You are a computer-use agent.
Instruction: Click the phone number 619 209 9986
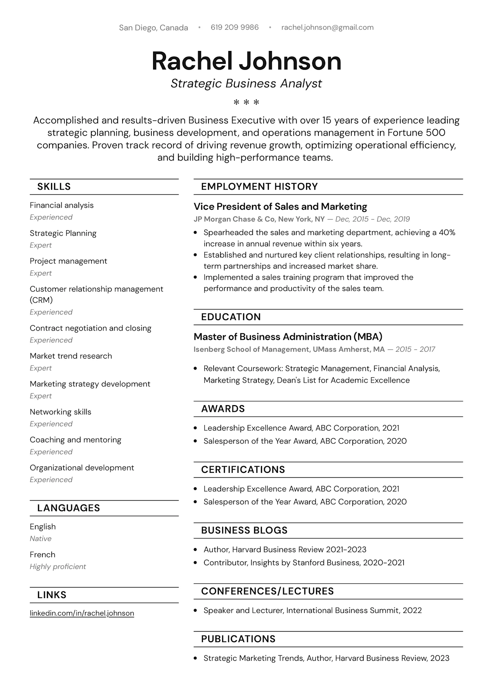click(x=235, y=27)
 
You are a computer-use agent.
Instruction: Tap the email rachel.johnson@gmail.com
click(x=327, y=27)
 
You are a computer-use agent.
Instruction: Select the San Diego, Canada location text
click(x=153, y=28)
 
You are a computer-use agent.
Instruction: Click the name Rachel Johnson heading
click(x=246, y=61)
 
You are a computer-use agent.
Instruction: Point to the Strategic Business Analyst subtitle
click(x=246, y=83)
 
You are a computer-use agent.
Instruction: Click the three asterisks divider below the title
click(x=246, y=102)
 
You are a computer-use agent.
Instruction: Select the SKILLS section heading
click(x=54, y=186)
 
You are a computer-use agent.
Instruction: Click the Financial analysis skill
click(x=62, y=205)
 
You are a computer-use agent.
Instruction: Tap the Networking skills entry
click(x=61, y=412)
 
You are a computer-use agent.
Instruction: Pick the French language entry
click(x=42, y=555)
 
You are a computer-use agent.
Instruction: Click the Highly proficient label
click(x=58, y=567)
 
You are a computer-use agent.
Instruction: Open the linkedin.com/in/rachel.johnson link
click(x=82, y=613)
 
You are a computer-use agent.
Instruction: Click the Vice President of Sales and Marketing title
click(x=280, y=207)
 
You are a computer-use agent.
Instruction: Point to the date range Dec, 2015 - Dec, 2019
click(x=372, y=219)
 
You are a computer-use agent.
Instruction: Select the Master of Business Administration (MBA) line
click(x=288, y=337)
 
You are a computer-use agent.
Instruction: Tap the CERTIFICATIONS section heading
click(x=243, y=469)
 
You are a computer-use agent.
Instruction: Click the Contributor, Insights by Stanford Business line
click(x=304, y=563)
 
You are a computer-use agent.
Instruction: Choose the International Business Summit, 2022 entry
click(x=354, y=610)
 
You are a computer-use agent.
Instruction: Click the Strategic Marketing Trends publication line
click(x=326, y=658)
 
